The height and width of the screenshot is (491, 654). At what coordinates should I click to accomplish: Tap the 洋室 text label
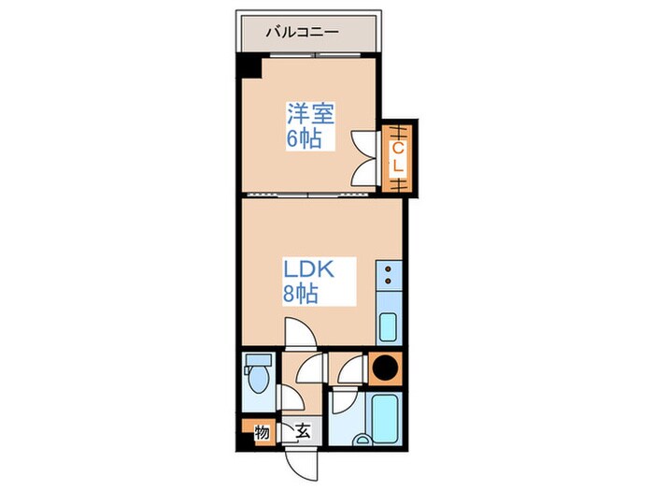[x=310, y=115]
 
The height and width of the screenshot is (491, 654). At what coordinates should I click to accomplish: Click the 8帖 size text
[x=301, y=294]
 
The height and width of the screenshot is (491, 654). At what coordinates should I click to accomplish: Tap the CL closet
[x=397, y=158]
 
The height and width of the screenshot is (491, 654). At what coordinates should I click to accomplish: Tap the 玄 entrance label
[x=304, y=431]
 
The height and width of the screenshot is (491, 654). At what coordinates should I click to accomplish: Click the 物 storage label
[x=262, y=432]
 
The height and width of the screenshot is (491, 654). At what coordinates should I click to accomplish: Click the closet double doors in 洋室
[x=364, y=158]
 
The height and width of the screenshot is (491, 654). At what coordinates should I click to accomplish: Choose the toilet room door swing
[x=292, y=379]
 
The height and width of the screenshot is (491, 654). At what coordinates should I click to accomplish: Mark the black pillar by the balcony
[x=248, y=67]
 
